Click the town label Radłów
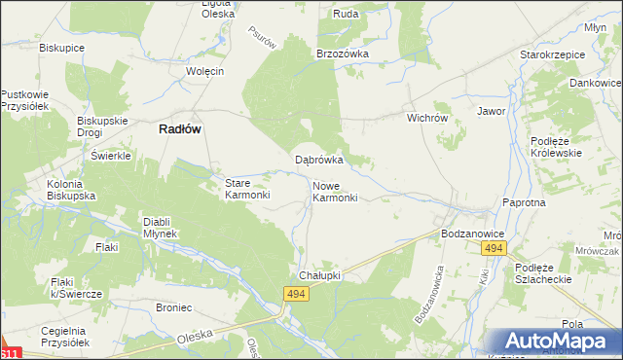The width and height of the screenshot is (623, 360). pyautogui.click(x=180, y=136)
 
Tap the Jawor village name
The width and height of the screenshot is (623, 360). pyautogui.click(x=491, y=111)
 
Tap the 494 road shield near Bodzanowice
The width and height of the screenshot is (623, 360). pyautogui.click(x=494, y=250)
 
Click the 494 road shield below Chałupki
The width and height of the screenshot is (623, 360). pyautogui.click(x=298, y=293)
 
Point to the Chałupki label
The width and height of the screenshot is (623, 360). pyautogui.click(x=318, y=275)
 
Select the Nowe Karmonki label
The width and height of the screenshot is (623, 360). pyautogui.click(x=336, y=191)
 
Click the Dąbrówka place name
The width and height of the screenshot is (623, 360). pyautogui.click(x=319, y=160)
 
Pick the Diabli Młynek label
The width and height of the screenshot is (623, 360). pyautogui.click(x=160, y=227)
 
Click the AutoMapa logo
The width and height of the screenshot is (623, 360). pyautogui.click(x=557, y=342)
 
